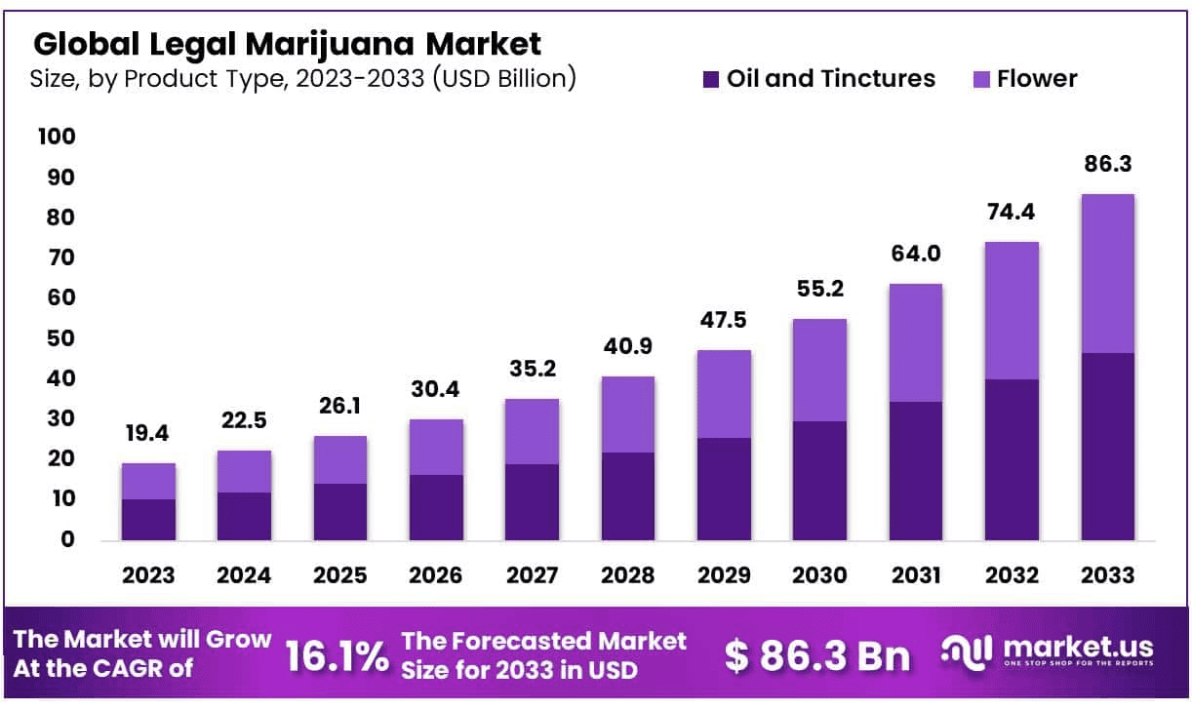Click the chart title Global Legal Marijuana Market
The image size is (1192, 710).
click(287, 44)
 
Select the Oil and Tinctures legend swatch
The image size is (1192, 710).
click(711, 79)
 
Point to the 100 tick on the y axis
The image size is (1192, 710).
click(56, 137)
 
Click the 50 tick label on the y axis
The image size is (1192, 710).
click(56, 338)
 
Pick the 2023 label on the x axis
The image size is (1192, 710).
click(148, 575)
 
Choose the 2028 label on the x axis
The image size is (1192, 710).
click(627, 575)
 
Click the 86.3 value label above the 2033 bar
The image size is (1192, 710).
click(1107, 166)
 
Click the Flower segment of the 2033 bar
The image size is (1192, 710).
click(1107, 273)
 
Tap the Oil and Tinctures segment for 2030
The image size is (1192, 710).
click(819, 480)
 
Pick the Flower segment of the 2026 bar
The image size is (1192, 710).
click(436, 447)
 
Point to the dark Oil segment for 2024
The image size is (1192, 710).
click(244, 516)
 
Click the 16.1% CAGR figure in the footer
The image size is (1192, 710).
click(337, 655)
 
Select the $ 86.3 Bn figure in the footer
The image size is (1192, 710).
click(816, 655)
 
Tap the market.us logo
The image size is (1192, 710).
click(1049, 651)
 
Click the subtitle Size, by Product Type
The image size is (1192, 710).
click(302, 79)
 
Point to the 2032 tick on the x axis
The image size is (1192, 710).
click(1011, 575)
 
